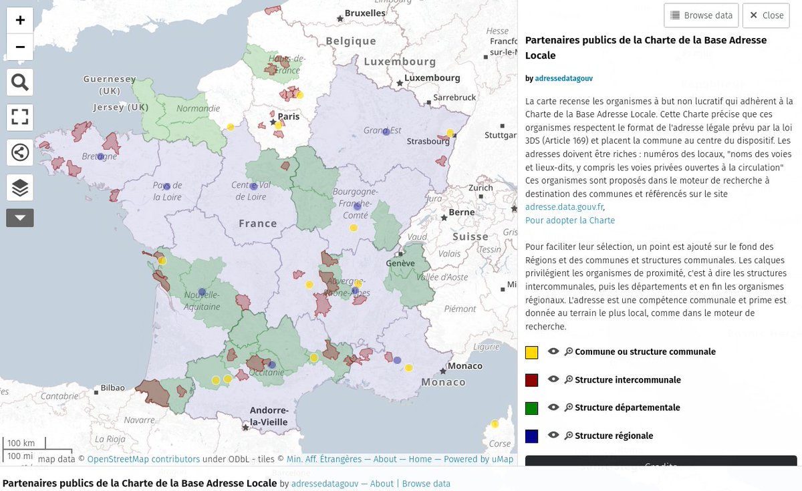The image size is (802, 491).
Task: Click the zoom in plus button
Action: [20, 20]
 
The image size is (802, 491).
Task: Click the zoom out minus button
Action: [20, 47]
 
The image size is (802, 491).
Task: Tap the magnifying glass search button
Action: [20, 83]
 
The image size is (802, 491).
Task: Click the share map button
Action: [20, 153]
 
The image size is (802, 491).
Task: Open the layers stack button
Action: [20, 188]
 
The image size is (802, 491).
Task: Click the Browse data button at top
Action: [701, 15]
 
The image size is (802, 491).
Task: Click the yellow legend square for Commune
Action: [532, 352]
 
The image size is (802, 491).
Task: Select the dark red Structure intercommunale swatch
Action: [532, 380]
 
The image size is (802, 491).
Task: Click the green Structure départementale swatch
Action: [532, 408]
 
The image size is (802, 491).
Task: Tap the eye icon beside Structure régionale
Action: [553, 436]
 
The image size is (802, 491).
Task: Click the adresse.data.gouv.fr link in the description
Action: [564, 207]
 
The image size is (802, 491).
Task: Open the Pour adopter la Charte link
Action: [570, 220]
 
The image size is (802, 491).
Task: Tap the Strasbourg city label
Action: [428, 141]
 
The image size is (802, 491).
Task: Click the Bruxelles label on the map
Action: [365, 13]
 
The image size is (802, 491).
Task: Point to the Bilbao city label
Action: [113, 387]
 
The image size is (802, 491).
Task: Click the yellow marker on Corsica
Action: [495, 424]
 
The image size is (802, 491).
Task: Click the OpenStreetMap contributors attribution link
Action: [144, 459]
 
